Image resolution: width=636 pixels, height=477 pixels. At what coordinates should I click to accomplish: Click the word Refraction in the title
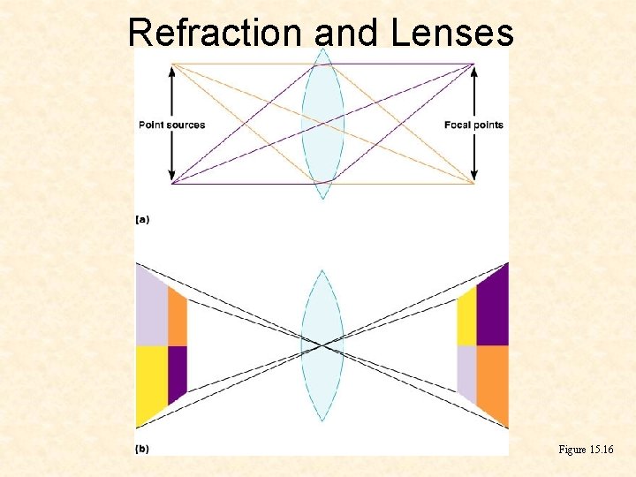[216, 33]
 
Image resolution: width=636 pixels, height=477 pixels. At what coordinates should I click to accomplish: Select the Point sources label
[172, 125]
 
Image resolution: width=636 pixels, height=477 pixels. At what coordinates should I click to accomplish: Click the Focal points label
[473, 125]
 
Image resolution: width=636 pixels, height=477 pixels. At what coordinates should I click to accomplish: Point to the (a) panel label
[142, 219]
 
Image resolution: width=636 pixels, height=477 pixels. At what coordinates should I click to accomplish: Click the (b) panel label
[142, 449]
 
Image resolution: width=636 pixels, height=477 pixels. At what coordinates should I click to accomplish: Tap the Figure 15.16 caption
[585, 450]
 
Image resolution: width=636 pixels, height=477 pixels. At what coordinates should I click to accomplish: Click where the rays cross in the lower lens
[322, 344]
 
